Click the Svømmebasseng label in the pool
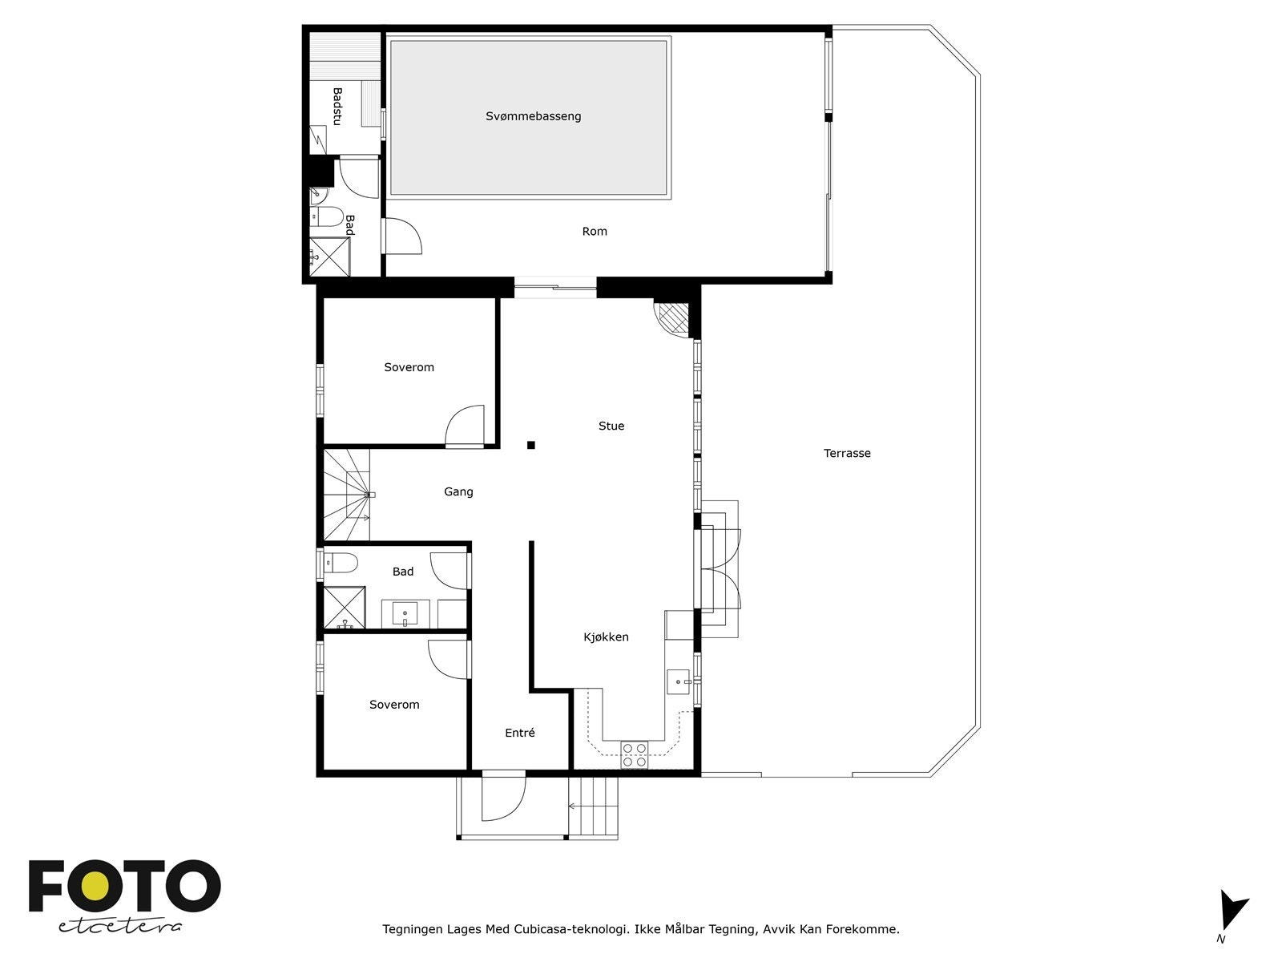tap(533, 116)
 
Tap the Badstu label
tap(337, 106)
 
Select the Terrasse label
tap(847, 453)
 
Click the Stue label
tap(611, 426)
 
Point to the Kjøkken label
tap(606, 637)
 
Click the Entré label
tap(519, 733)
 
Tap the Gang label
tap(458, 491)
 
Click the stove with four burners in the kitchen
tap(635, 755)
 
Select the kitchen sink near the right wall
tap(678, 681)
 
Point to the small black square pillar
tap(530, 445)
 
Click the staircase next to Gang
tap(347, 495)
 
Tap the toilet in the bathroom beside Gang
tap(340, 564)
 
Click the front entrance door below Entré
tap(502, 797)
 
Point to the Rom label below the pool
tap(594, 231)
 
